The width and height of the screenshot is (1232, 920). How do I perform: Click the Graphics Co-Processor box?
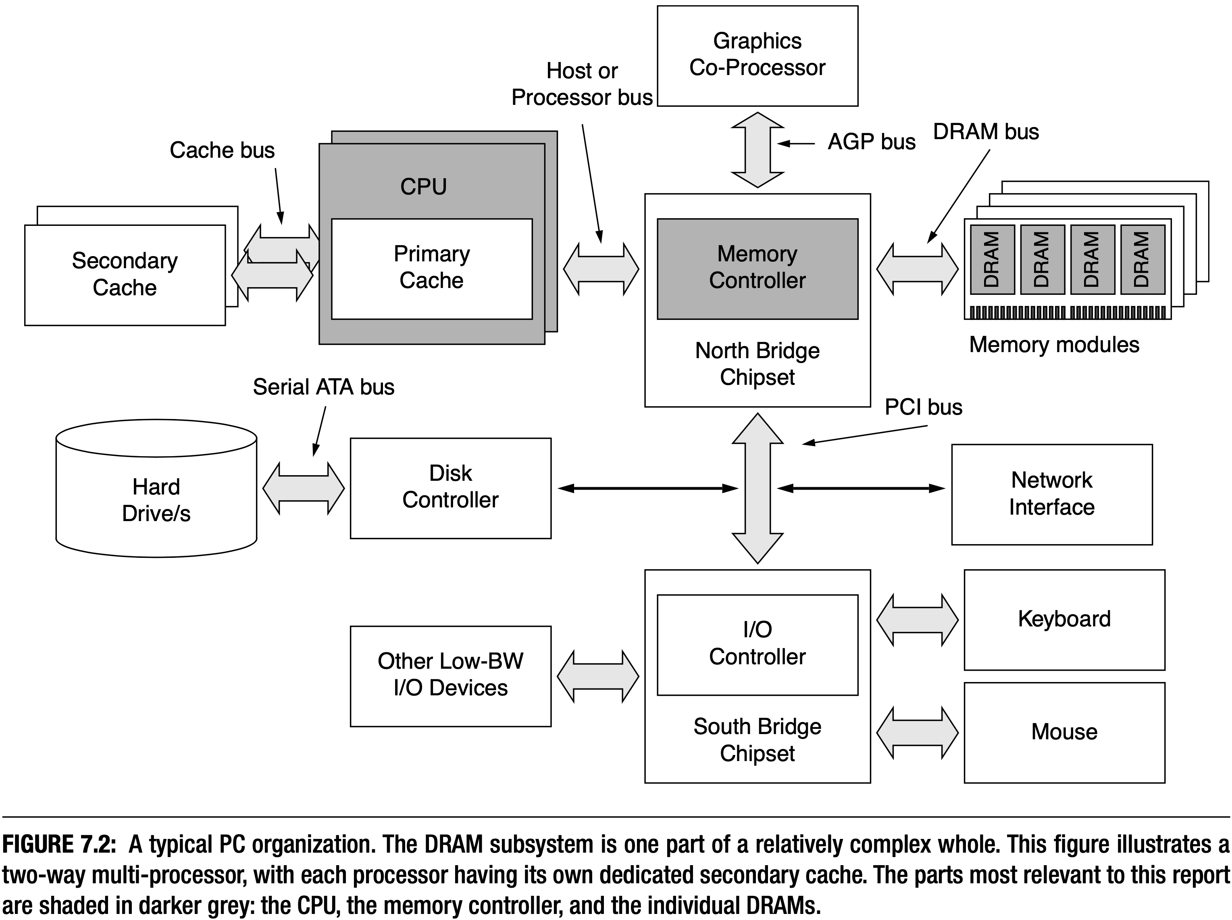click(757, 56)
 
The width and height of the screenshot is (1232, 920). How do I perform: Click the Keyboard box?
click(1064, 619)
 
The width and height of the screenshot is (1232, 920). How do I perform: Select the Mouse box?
click(1064, 731)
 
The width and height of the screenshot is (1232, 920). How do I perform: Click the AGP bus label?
click(871, 142)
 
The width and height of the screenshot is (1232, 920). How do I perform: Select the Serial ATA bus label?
click(323, 387)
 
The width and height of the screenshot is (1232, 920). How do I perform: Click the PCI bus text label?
click(923, 407)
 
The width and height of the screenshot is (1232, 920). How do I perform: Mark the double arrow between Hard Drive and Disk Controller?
click(304, 488)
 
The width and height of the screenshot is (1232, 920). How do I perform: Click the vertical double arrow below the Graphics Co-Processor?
click(757, 149)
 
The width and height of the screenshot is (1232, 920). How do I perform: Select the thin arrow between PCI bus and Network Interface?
click(861, 488)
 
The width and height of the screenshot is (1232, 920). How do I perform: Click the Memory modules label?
click(1054, 345)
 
